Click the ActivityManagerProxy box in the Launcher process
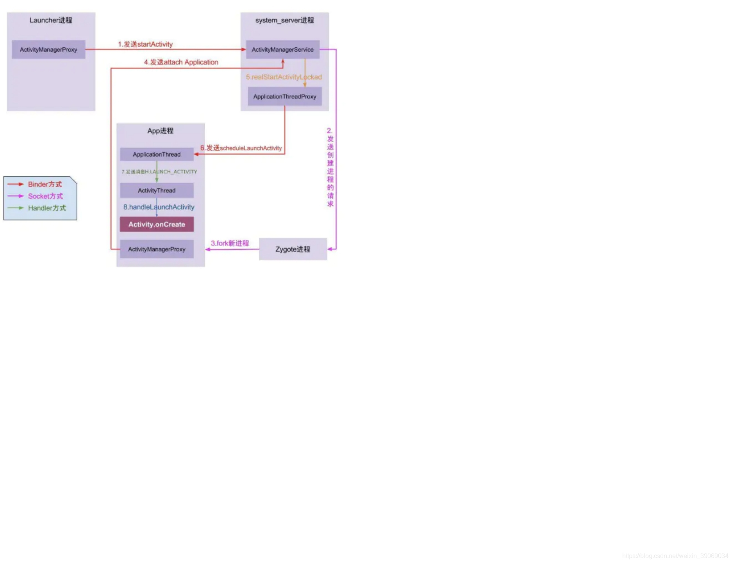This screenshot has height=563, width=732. click(48, 50)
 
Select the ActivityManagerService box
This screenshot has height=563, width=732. click(282, 50)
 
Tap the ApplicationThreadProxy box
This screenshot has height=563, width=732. click(284, 97)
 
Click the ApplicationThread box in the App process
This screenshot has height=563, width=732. click(157, 154)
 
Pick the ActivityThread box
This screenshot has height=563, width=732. click(157, 190)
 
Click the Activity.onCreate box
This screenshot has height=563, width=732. click(157, 224)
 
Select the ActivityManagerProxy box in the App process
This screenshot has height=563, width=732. click(157, 249)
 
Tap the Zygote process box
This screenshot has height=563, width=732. click(293, 249)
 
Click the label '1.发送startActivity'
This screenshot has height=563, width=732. click(145, 44)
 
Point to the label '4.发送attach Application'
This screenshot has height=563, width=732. click(181, 62)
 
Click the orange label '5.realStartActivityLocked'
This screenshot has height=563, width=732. click(284, 77)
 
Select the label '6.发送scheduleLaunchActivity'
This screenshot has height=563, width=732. click(241, 148)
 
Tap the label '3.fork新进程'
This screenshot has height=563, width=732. click(230, 243)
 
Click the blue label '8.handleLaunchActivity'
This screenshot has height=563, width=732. click(159, 207)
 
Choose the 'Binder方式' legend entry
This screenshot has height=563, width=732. click(45, 184)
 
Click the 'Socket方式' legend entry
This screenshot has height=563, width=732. click(45, 196)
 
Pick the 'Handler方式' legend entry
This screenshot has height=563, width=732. click(47, 208)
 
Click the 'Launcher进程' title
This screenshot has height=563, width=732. click(51, 20)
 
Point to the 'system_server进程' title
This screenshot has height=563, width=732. click(284, 20)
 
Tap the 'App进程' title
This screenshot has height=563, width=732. click(160, 131)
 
